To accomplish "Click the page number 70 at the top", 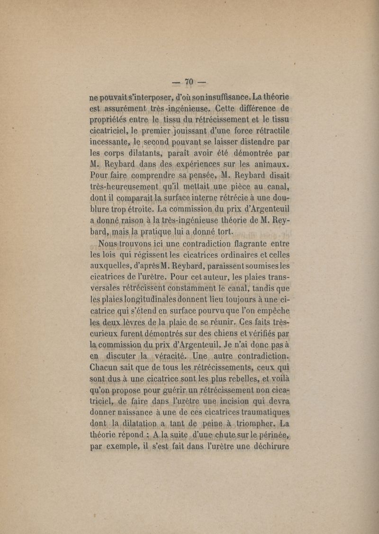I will pos(189,82).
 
